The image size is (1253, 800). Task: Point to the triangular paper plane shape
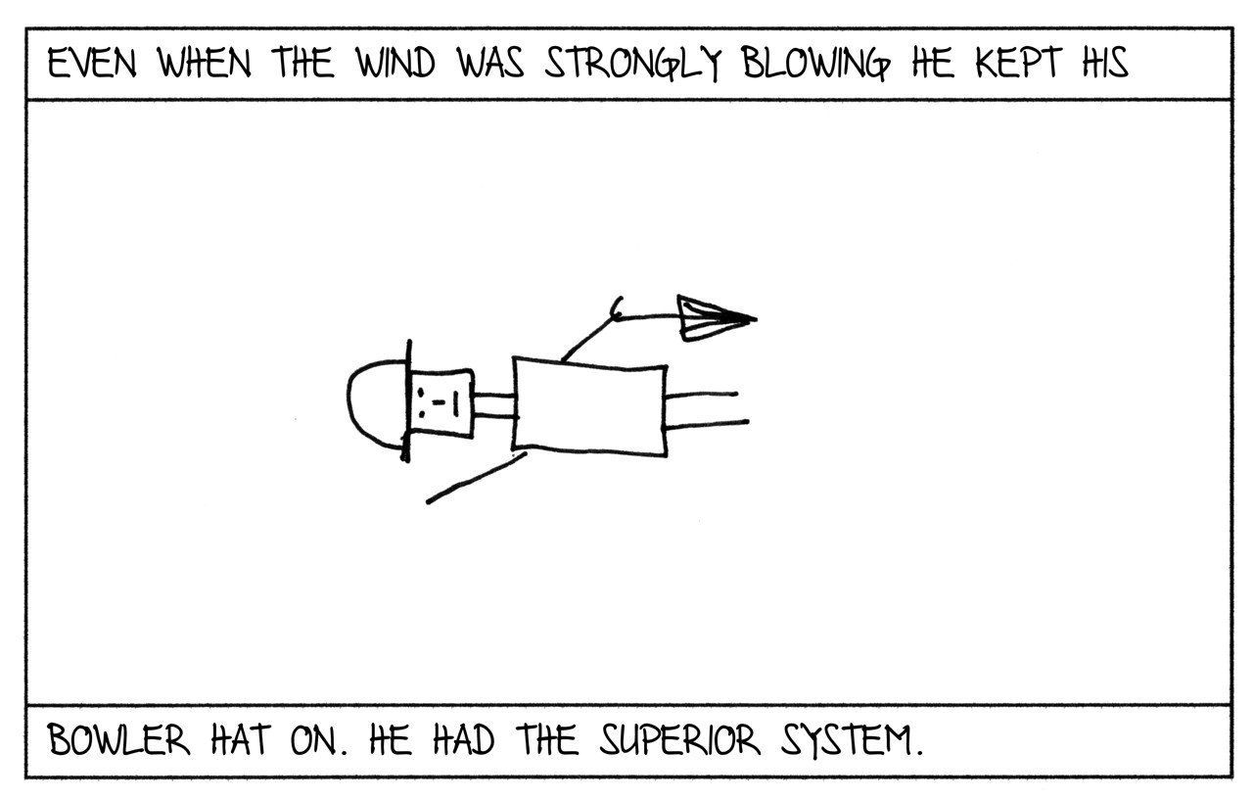(710, 317)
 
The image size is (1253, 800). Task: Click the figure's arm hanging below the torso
(476, 479)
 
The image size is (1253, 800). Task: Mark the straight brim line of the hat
(407, 400)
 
